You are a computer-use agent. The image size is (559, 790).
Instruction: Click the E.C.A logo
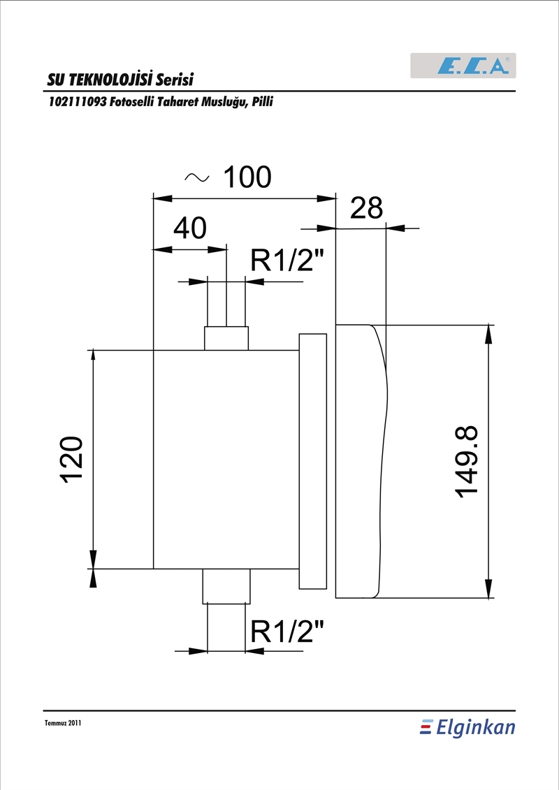click(463, 66)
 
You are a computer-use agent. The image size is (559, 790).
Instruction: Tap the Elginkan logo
click(467, 728)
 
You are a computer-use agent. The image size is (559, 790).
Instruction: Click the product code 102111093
click(77, 102)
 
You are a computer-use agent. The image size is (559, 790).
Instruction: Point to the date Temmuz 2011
click(63, 723)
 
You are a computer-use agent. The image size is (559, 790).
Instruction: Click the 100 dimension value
click(247, 177)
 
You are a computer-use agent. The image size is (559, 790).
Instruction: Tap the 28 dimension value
click(366, 207)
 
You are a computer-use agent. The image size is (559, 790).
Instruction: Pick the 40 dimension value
click(190, 228)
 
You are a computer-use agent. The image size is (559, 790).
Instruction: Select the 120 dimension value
click(72, 460)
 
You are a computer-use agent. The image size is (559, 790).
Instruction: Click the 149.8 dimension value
click(467, 462)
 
